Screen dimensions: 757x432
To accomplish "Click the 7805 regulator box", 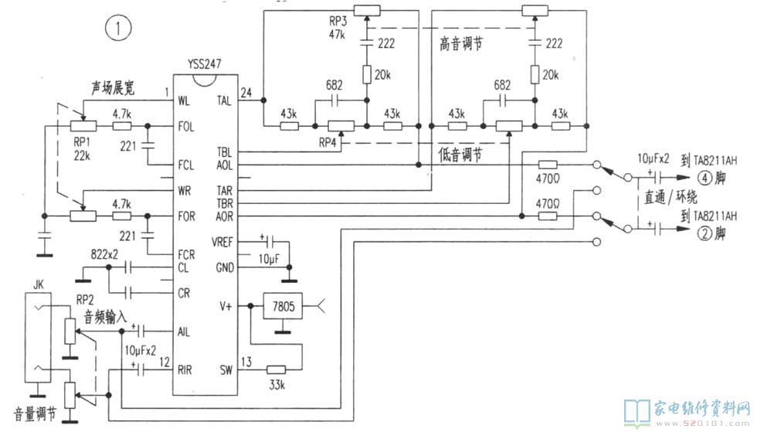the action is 283,306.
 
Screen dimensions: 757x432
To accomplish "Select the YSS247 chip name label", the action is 204,64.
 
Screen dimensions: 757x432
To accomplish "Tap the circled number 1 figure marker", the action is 117,28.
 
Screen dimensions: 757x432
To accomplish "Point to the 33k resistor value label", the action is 277,385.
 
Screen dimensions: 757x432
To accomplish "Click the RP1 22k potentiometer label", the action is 82,149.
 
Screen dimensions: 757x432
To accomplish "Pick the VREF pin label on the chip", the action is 222,242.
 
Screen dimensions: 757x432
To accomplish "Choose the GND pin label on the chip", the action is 225,267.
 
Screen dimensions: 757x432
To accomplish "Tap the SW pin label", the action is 226,370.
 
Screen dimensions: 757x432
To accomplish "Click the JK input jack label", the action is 38,284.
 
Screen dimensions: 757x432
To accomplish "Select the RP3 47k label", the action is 338,28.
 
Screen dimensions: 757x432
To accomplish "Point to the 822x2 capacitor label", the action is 104,254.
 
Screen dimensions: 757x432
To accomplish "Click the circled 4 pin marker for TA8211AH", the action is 705,178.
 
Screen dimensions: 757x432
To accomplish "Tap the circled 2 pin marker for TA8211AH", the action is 705,234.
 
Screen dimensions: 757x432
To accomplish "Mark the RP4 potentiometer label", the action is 327,143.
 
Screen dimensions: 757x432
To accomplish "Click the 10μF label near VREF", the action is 269,260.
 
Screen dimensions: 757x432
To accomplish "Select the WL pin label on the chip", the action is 184,101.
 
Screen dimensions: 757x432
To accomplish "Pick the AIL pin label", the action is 184,332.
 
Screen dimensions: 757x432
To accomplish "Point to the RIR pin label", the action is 185,370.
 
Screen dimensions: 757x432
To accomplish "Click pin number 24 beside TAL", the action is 246,92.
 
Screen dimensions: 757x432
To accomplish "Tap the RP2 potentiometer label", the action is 85,300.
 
